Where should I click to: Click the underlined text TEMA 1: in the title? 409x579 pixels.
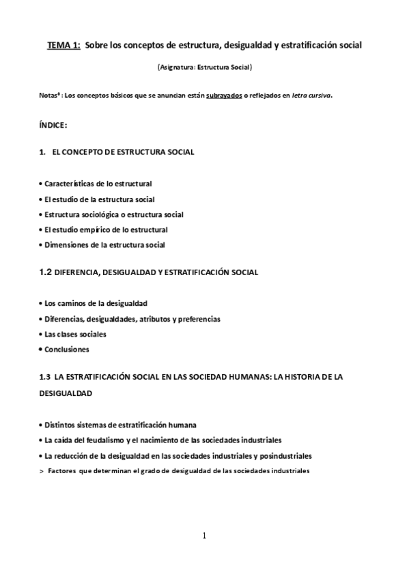click(x=64, y=45)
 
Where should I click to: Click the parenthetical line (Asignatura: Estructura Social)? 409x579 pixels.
click(x=205, y=68)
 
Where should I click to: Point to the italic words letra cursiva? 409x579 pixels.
click(x=311, y=96)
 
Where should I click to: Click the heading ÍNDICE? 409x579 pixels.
click(x=54, y=126)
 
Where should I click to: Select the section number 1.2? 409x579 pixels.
click(x=46, y=272)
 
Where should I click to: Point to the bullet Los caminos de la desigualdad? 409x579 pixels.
click(x=95, y=302)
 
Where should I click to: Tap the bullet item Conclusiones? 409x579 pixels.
click(x=66, y=350)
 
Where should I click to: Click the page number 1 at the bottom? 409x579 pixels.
click(x=203, y=536)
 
